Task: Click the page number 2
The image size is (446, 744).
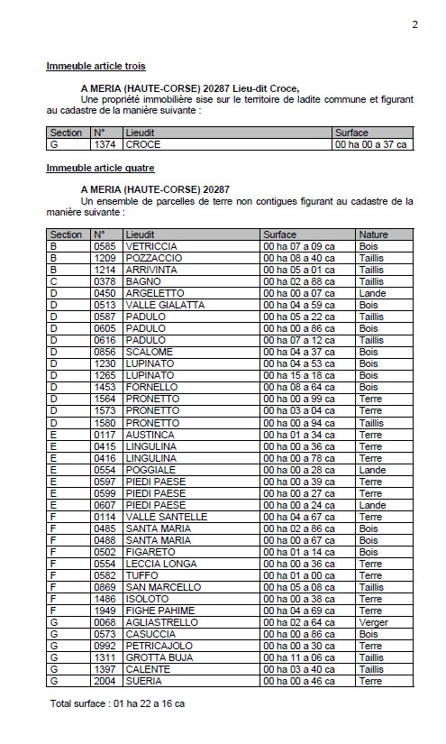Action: tap(415, 24)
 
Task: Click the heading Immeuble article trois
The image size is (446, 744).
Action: tap(96, 66)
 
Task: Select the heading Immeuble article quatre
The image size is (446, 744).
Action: tap(100, 169)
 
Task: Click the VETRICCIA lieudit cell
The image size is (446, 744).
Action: tap(151, 246)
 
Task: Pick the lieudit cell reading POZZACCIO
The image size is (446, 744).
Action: tap(153, 258)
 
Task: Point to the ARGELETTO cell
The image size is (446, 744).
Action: tap(155, 293)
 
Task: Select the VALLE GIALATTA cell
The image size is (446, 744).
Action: tap(165, 305)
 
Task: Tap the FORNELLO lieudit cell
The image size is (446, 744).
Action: tap(152, 387)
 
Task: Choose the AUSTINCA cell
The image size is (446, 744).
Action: tap(151, 434)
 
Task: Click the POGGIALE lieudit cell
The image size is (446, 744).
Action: tap(151, 470)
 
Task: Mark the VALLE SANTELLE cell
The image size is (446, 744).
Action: tap(163, 517)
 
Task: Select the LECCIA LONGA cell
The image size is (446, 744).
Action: tap(160, 564)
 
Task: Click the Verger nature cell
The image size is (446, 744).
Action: tap(373, 622)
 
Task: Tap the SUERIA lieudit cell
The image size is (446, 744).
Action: tap(144, 682)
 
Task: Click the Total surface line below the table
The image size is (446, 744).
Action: tap(118, 703)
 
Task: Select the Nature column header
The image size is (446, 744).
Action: tap(373, 234)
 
